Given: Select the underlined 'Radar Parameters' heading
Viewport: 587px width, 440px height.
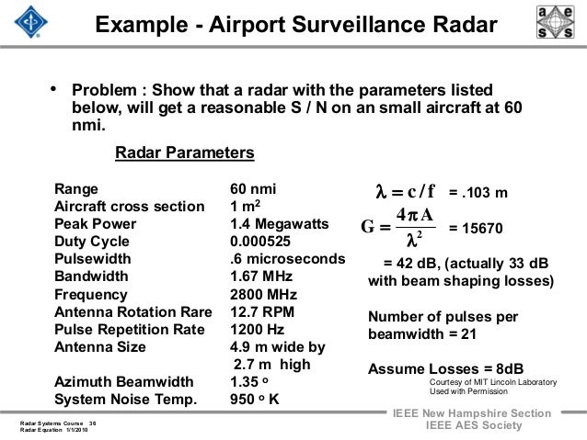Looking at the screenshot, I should coord(185,152).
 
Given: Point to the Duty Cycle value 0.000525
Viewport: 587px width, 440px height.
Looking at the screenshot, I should coord(262,243).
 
